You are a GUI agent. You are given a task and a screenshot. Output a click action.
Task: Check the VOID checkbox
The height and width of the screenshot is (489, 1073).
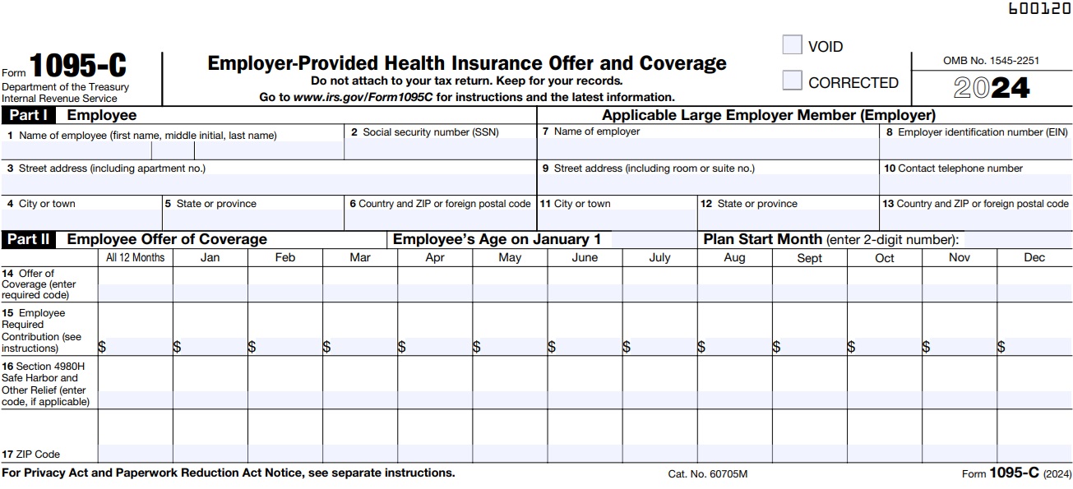click(792, 45)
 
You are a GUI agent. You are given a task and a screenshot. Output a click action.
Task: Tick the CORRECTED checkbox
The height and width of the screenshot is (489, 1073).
click(792, 81)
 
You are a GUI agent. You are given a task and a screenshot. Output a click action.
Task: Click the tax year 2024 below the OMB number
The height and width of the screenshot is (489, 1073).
click(992, 88)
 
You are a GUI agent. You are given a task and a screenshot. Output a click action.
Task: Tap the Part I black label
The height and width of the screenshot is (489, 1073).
click(30, 116)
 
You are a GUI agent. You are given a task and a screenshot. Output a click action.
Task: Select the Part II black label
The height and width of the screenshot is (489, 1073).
click(30, 240)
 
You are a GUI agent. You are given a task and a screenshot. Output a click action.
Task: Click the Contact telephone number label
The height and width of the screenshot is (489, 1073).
click(953, 168)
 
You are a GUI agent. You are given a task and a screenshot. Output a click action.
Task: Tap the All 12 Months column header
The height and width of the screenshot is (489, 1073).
click(136, 258)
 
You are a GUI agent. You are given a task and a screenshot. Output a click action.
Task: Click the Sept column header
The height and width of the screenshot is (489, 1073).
click(809, 258)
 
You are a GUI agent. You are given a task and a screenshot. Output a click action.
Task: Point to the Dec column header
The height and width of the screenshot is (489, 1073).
click(1034, 258)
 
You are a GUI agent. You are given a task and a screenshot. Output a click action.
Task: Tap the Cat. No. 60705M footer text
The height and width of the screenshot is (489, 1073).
click(707, 474)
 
